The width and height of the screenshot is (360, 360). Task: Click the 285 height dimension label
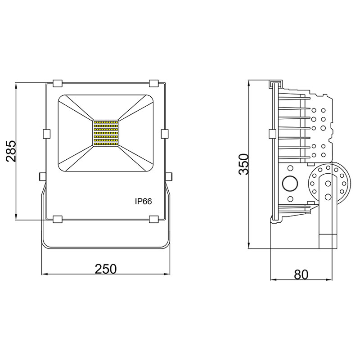coord(10,151)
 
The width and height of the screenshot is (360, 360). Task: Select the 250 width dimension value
coord(106,268)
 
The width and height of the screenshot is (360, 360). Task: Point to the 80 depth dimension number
coord(301,274)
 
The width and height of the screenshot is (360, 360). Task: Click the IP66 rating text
coord(143,202)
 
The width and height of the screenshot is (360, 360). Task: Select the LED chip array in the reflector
coord(106,133)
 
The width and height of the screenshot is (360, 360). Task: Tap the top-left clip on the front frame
coord(58,83)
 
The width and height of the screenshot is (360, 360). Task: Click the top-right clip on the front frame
coord(154,83)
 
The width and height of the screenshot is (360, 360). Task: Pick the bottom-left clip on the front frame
coord(58,219)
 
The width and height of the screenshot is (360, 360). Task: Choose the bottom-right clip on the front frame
coord(154,219)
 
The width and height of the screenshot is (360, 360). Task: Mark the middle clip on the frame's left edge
coord(46,134)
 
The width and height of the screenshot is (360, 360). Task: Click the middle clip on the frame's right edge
coord(165,134)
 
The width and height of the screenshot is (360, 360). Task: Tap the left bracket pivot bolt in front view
coord(42,175)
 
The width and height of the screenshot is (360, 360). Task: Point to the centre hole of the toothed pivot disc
coord(328,183)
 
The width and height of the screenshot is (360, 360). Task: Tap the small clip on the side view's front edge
coord(271,134)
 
